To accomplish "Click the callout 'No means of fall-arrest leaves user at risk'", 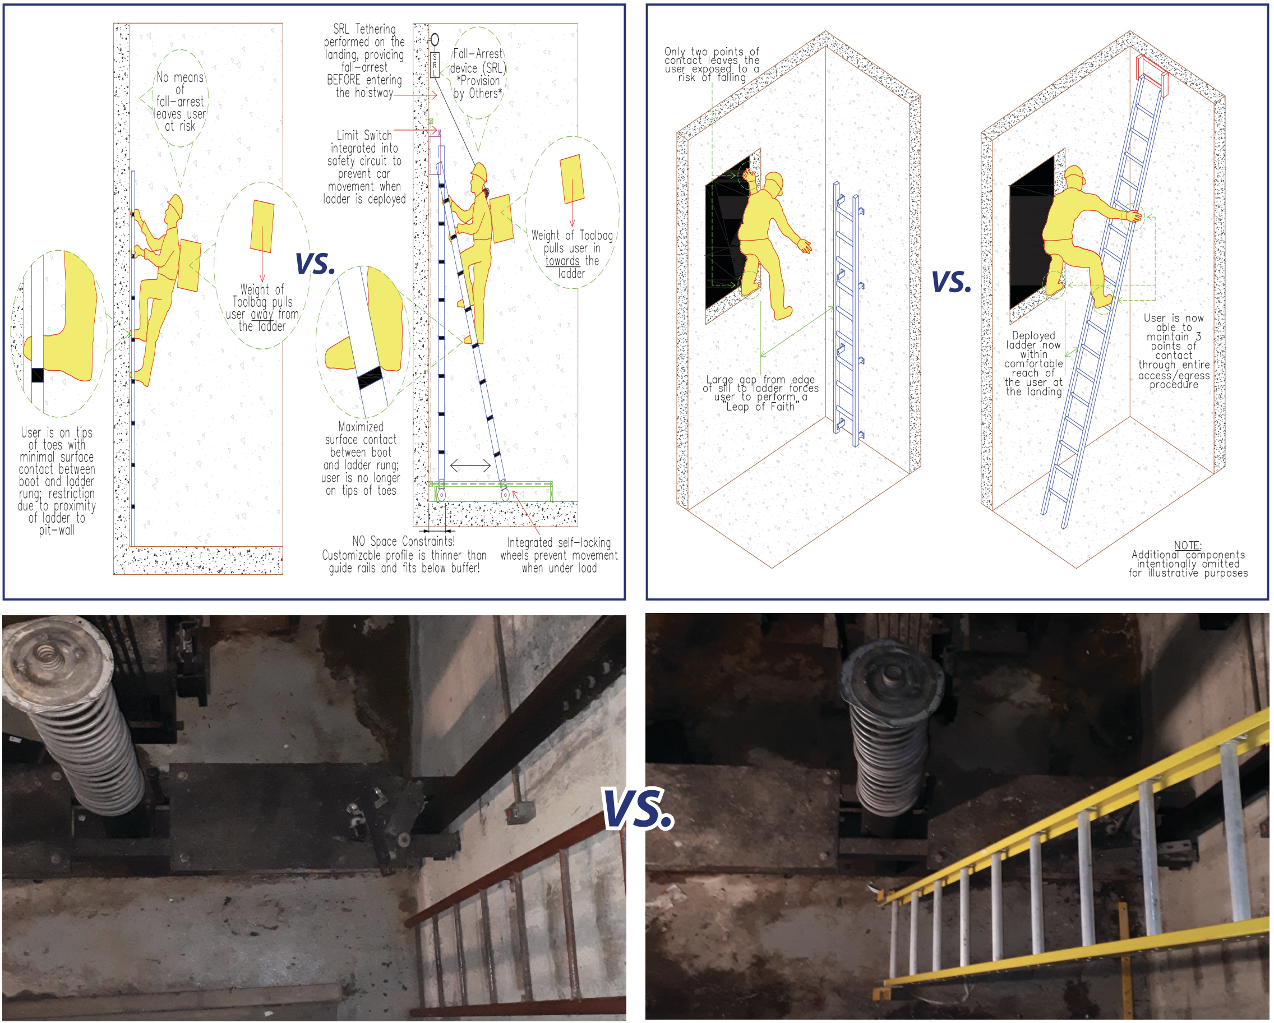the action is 179,102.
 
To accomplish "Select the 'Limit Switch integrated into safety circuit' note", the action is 364,167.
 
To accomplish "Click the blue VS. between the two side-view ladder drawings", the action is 315,264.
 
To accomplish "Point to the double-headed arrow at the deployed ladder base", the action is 470,466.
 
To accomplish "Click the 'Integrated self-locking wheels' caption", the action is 559,555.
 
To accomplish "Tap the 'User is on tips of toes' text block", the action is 57,481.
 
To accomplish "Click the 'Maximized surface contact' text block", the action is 361,459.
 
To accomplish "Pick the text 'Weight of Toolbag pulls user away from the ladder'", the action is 262,308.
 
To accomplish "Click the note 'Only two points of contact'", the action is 712,64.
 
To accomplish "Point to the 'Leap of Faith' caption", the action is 760,393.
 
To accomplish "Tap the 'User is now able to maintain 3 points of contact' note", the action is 1174,351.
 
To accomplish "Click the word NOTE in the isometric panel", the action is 1187,546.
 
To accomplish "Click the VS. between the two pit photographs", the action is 637,808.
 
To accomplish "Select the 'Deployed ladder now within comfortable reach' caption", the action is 1033,363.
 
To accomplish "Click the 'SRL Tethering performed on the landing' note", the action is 364,61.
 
